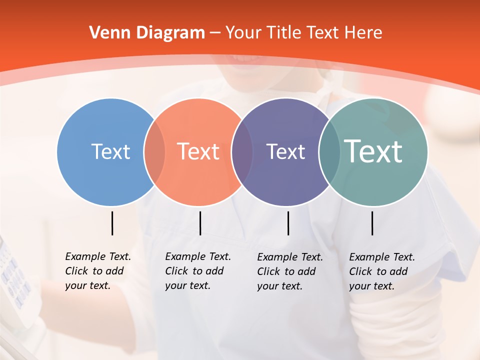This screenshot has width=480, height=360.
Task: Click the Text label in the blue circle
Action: [110, 151]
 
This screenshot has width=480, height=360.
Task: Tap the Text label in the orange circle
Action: [198, 151]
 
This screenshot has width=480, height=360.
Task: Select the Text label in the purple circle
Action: [285, 151]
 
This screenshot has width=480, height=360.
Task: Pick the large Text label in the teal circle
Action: [373, 151]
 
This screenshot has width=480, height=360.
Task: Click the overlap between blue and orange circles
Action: [154, 152]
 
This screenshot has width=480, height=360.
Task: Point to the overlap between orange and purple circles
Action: [242, 152]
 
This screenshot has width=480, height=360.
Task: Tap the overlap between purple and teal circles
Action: [329, 152]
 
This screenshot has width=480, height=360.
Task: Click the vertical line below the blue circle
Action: [112, 223]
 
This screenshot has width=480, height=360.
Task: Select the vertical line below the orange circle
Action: [200, 223]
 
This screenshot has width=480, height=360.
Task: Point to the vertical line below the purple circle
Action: [288, 223]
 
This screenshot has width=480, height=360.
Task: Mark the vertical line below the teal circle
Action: [372, 223]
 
